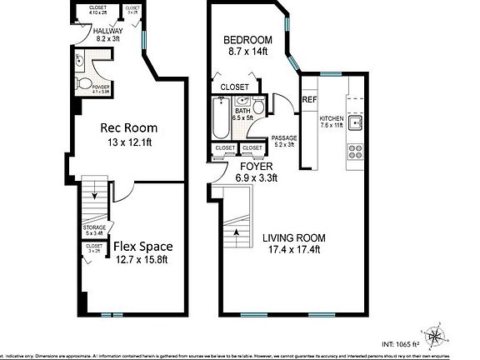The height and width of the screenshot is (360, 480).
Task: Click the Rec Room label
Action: [129, 128]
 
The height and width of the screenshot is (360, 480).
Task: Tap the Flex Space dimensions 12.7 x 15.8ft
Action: [141, 259]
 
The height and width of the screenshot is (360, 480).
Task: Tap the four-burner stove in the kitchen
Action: [354, 152]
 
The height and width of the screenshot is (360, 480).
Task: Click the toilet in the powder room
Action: [84, 82]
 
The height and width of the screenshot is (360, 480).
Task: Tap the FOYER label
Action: [257, 167]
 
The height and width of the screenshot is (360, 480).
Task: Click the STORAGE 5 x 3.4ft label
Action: [93, 230]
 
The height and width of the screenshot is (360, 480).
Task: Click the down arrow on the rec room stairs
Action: [96, 197]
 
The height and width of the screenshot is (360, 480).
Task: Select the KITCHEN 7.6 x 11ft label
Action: [331, 122]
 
